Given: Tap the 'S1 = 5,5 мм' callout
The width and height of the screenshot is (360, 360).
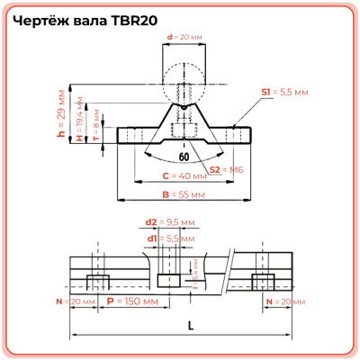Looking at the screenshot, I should (x=285, y=92).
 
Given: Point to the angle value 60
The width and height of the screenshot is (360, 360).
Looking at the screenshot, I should (x=184, y=156).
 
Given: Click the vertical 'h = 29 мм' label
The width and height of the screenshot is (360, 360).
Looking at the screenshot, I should (x=61, y=116).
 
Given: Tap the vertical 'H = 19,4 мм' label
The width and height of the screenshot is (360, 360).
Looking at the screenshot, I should (x=79, y=122).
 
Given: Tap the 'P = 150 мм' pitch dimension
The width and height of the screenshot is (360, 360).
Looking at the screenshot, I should (x=126, y=301).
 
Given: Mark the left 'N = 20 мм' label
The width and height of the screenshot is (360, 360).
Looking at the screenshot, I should (x=76, y=301).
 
